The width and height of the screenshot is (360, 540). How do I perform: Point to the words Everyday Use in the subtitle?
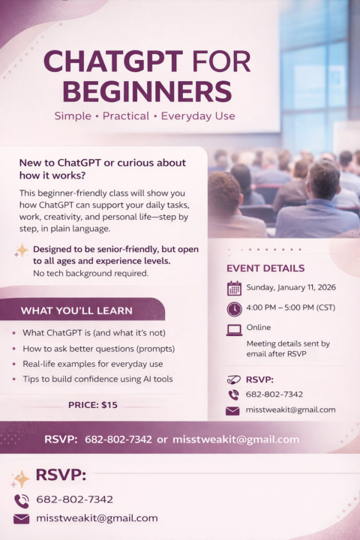(198, 116)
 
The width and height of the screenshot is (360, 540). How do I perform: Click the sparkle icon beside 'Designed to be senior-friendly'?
(22, 250)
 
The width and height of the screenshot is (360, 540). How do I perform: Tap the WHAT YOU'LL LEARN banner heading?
(76, 310)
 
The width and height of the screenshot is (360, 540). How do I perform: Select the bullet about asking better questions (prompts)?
(98, 349)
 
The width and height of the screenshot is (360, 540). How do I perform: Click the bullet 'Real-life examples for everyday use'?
(91, 364)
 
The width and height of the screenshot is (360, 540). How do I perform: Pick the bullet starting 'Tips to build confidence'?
(97, 379)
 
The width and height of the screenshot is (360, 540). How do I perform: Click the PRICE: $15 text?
(93, 405)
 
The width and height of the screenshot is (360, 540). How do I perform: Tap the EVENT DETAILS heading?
(265, 268)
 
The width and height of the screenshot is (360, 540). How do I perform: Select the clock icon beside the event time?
(234, 309)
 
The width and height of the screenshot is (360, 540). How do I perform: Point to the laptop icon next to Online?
(234, 328)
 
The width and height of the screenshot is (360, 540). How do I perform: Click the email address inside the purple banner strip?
(235, 439)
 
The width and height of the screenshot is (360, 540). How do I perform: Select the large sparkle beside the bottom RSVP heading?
(22, 477)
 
